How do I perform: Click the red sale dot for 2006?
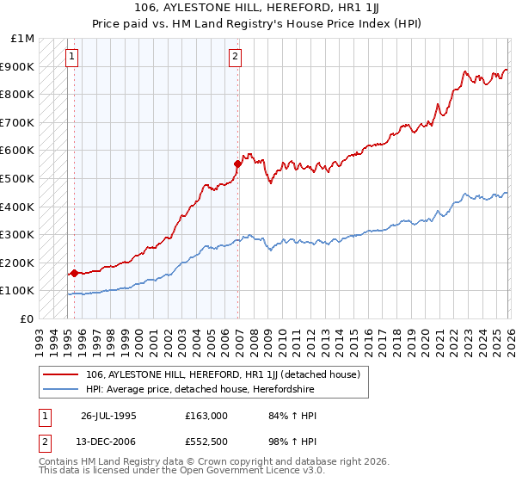tap(236, 163)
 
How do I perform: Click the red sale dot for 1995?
tap(74, 273)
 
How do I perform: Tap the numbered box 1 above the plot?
tap(71, 58)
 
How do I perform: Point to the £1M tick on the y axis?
tap(22, 39)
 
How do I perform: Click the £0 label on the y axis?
tap(26, 318)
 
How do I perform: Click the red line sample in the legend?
tap(61, 374)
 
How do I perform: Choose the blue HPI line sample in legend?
tap(61, 389)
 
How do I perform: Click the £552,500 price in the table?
tap(206, 442)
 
